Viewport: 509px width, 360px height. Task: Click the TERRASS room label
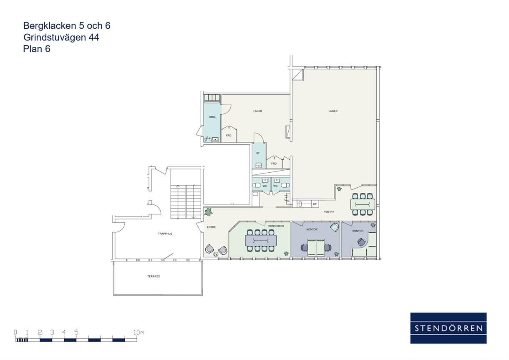[x=154, y=277]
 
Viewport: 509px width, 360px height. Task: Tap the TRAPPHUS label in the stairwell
[x=165, y=234]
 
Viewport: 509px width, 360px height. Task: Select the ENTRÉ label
[x=212, y=227]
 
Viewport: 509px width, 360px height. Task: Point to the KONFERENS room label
[x=276, y=226]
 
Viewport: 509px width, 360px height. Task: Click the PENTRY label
[x=329, y=211]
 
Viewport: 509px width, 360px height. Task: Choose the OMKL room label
[x=212, y=117]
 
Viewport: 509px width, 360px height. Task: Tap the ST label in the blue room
[x=258, y=153]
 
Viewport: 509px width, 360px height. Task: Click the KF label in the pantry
[x=315, y=204]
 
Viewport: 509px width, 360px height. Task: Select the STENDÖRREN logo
[x=449, y=328]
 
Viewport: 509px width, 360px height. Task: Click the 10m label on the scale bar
[x=139, y=332]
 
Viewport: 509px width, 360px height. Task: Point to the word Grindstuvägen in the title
[x=55, y=38]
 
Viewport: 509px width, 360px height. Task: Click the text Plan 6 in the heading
[x=37, y=49]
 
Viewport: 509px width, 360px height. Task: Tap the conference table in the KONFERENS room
[x=261, y=241]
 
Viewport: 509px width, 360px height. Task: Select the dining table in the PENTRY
[x=363, y=204]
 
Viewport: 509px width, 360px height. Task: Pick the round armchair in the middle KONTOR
[x=335, y=227]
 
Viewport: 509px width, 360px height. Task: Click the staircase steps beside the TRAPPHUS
[x=186, y=201]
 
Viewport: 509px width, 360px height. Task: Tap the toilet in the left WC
[x=257, y=186]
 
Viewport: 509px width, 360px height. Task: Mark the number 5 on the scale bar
[x=76, y=332]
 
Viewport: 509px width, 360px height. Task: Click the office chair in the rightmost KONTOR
[x=361, y=242]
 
